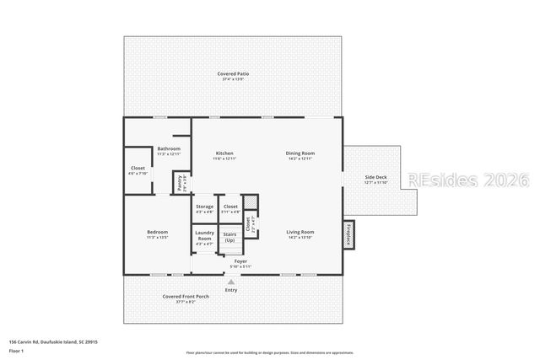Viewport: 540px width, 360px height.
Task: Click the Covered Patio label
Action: coord(233,74)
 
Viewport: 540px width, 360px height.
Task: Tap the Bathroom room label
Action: coord(169,149)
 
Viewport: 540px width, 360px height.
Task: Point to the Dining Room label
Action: coord(300,153)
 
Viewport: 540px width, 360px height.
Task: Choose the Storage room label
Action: coord(204,207)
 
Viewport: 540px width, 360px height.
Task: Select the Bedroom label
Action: coord(157,232)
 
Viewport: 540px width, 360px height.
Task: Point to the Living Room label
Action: coord(300,232)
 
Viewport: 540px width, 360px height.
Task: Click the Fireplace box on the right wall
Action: coord(347,234)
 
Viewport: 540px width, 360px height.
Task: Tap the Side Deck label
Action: coord(375,177)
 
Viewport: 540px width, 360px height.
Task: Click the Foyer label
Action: coord(241,262)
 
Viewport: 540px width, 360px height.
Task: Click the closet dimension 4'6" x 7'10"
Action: coord(137,174)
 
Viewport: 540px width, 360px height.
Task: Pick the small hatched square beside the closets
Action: coord(249,202)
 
